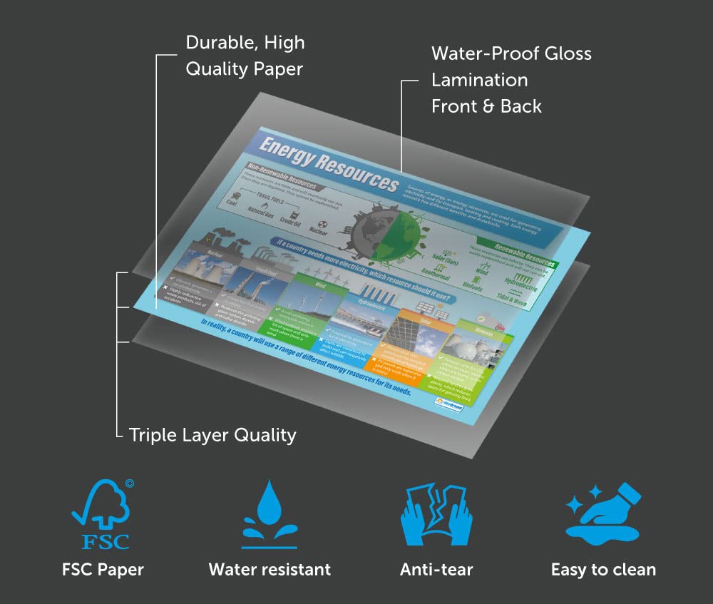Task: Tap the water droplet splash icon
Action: (x=269, y=513)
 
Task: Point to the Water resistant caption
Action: (x=270, y=569)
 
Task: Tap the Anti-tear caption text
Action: (x=436, y=569)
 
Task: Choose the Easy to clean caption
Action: (x=603, y=569)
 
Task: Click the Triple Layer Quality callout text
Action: (x=212, y=434)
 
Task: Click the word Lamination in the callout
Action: (x=480, y=80)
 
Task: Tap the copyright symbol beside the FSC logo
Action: (x=129, y=483)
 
